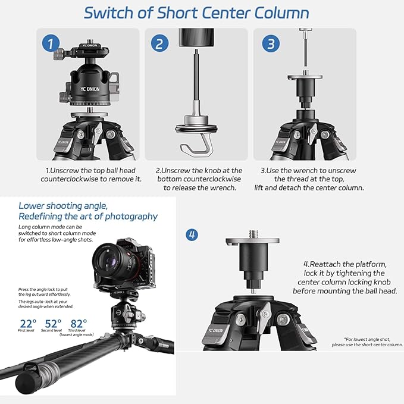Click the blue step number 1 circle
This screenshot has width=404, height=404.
point(51,44)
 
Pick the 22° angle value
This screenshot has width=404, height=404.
point(27,324)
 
